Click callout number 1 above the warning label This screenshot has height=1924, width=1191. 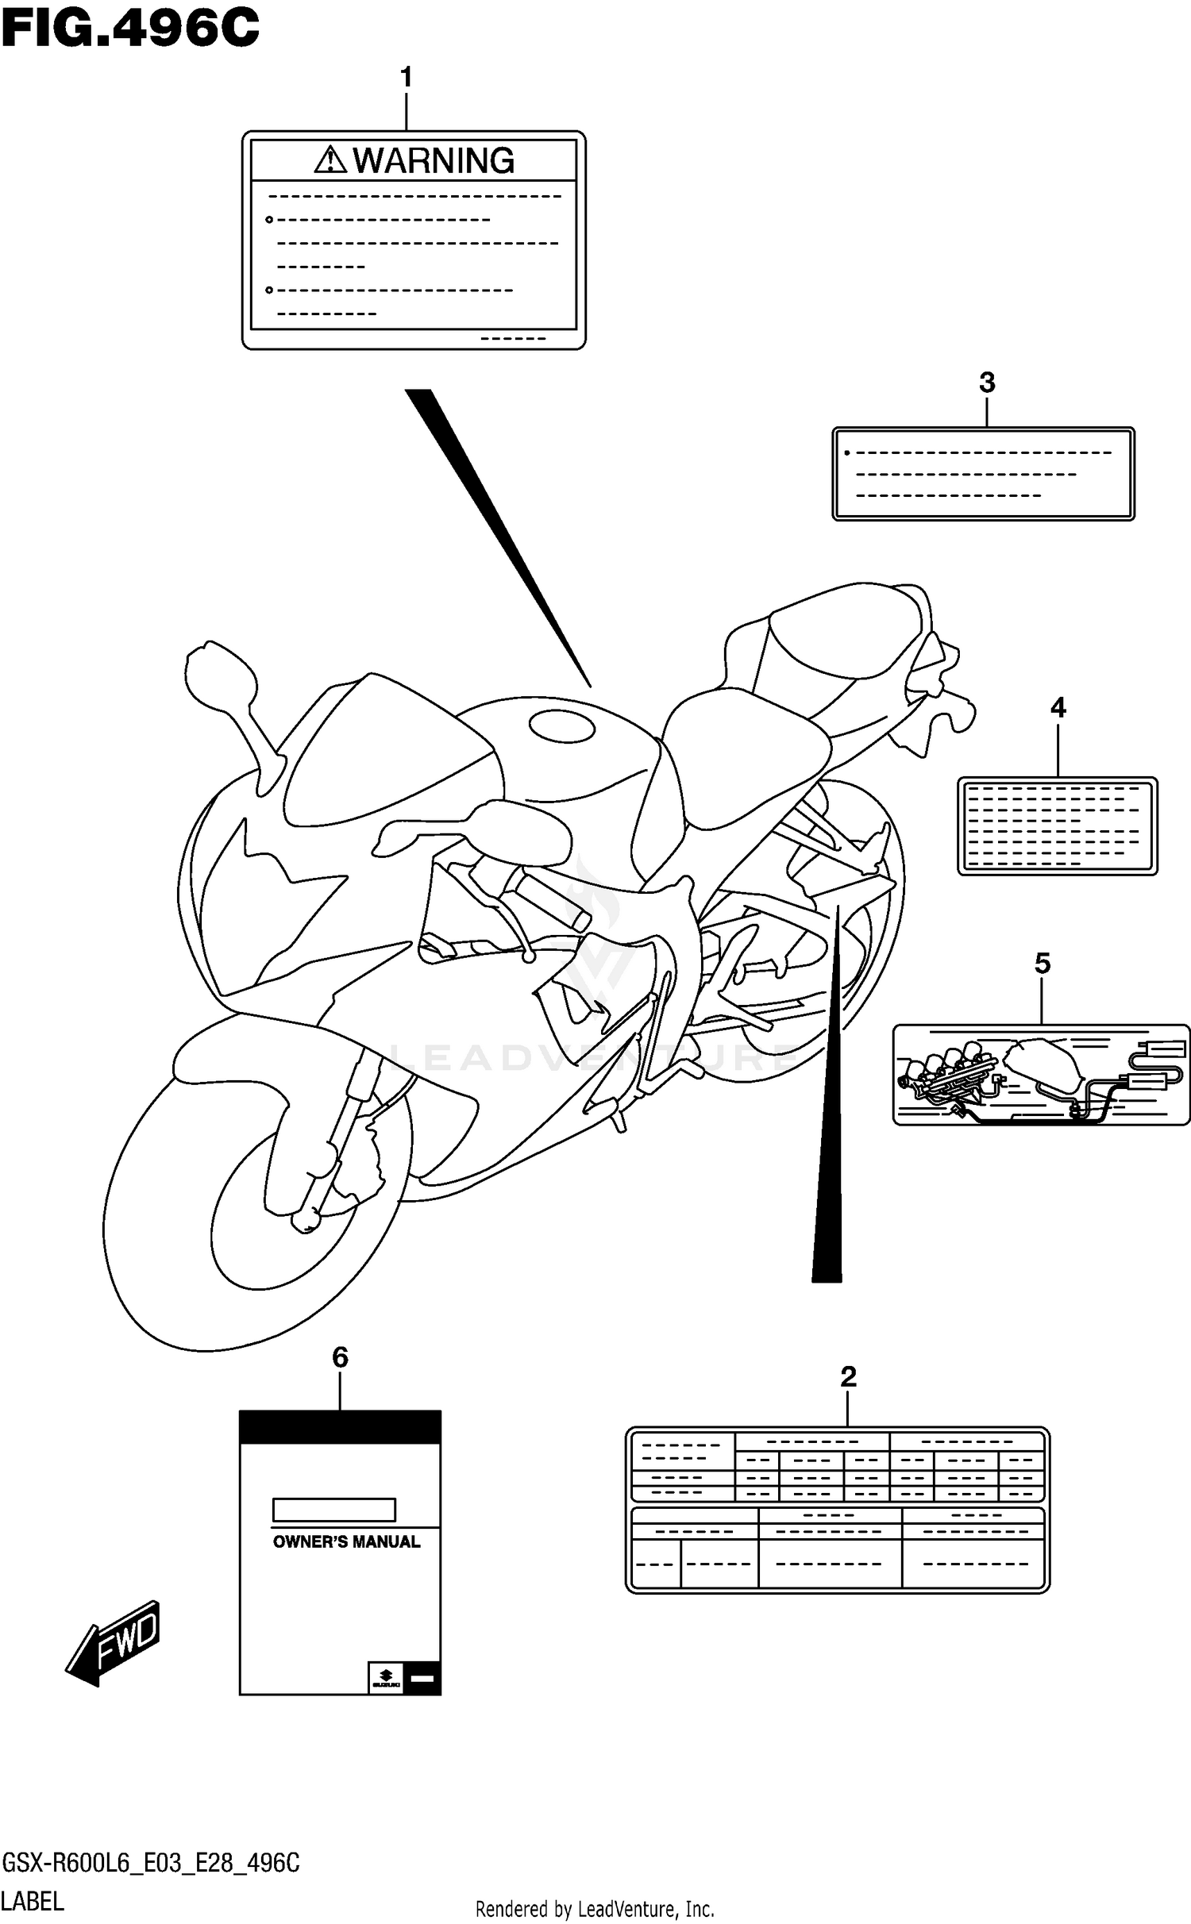(x=406, y=78)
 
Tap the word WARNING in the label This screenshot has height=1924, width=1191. (x=434, y=161)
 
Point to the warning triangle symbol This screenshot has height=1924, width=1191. (x=330, y=160)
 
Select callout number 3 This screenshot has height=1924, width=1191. (x=986, y=383)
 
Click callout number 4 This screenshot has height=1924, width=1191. (x=1058, y=707)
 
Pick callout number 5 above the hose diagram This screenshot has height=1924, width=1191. (x=1042, y=963)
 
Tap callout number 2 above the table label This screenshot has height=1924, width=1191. (x=848, y=1376)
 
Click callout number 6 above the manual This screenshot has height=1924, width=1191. (x=340, y=1357)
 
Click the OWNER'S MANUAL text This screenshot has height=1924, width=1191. (x=346, y=1541)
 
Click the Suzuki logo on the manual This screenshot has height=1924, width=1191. (x=386, y=1676)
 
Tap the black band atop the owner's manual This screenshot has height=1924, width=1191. (x=340, y=1427)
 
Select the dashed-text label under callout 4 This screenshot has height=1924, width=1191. (x=1057, y=825)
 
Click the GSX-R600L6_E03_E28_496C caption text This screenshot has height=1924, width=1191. (x=151, y=1863)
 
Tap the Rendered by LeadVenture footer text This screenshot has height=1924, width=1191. (x=595, y=1909)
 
